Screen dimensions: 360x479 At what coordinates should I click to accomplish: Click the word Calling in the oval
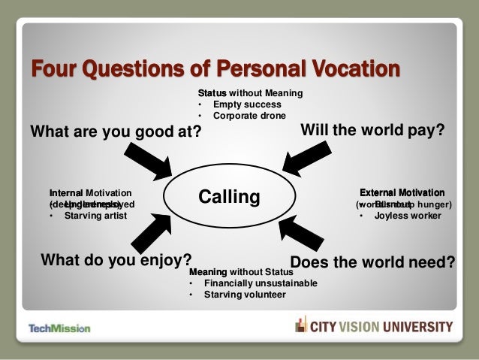point(229,197)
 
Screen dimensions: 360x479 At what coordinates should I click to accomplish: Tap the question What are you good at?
point(116,132)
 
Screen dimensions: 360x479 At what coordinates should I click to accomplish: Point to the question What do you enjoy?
point(116,260)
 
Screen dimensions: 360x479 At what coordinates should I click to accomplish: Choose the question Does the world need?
point(372,262)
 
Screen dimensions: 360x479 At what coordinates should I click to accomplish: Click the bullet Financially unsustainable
point(260,283)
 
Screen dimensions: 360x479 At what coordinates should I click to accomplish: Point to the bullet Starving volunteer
point(245,295)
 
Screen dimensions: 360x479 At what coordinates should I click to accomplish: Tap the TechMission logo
point(59,328)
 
